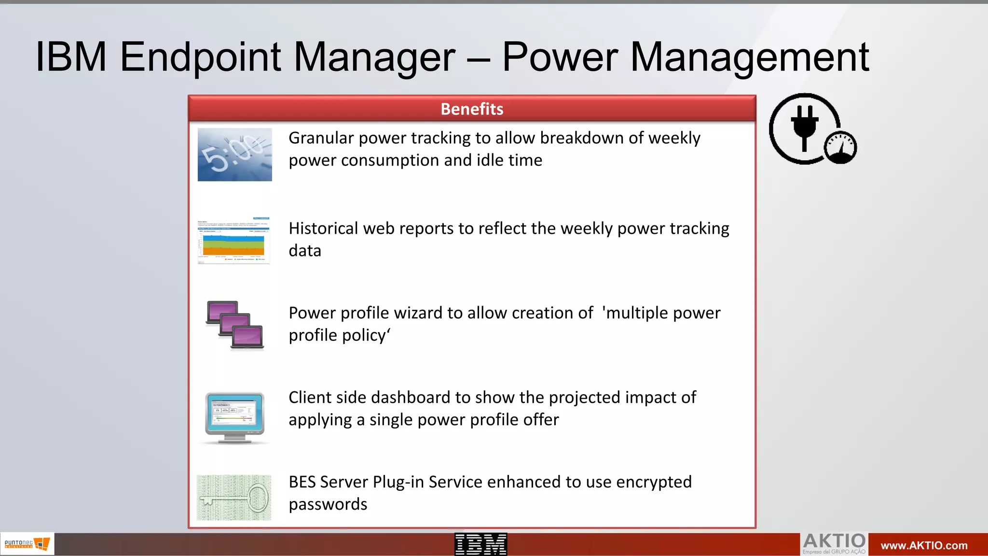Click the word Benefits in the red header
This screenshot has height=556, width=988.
point(472,109)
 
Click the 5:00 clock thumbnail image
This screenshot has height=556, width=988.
point(235,155)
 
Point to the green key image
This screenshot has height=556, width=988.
point(234,498)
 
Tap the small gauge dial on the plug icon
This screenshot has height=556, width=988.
point(840,147)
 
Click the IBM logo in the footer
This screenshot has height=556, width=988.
point(480,544)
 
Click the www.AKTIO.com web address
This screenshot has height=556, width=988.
point(924,545)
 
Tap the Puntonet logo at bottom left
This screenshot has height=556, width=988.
point(27,544)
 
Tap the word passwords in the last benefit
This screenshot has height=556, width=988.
point(328,504)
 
